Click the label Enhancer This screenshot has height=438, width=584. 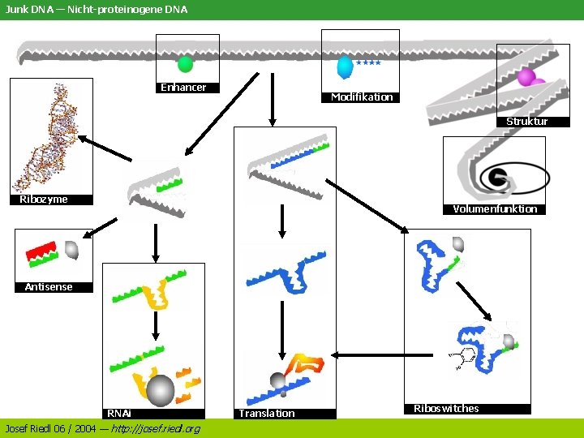coord(183,88)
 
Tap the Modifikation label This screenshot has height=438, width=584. coord(361,97)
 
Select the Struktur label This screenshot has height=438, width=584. coord(527,122)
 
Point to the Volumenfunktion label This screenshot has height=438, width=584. coord(495,209)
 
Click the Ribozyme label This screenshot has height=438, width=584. coord(44,200)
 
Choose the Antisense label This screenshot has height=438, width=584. coord(49,287)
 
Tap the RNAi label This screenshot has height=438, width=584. coord(119,414)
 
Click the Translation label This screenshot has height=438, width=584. coord(267,414)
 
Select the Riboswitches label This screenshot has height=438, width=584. coord(446,409)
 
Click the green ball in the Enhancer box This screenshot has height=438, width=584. coord(186,64)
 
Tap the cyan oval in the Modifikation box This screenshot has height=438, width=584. coord(346,66)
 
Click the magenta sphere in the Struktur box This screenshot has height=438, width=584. coord(526,77)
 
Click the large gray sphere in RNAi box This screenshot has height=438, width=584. coord(160,390)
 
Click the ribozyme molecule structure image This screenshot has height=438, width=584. coord(53,134)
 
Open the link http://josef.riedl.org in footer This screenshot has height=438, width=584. coord(155,428)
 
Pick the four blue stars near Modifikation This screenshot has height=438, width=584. coord(368,62)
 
